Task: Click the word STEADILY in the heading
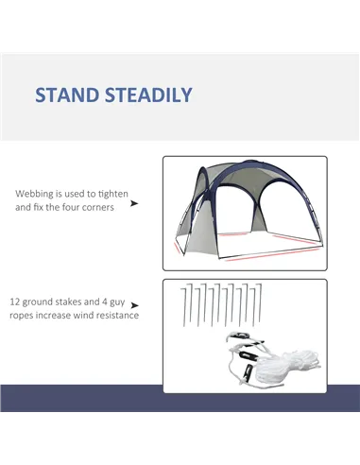150,95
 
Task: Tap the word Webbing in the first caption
35,194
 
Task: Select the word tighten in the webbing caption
116,194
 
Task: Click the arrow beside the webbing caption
134,202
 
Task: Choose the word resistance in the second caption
119,315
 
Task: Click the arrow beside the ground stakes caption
136,305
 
